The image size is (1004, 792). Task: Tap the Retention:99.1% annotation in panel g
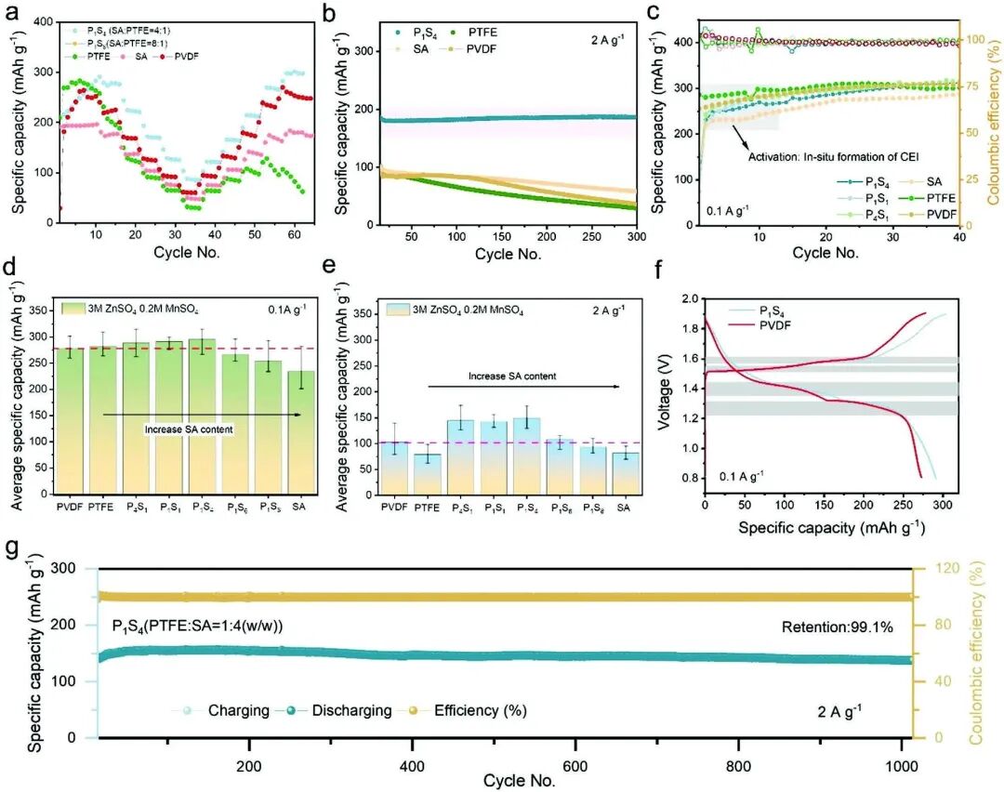[837, 627]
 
